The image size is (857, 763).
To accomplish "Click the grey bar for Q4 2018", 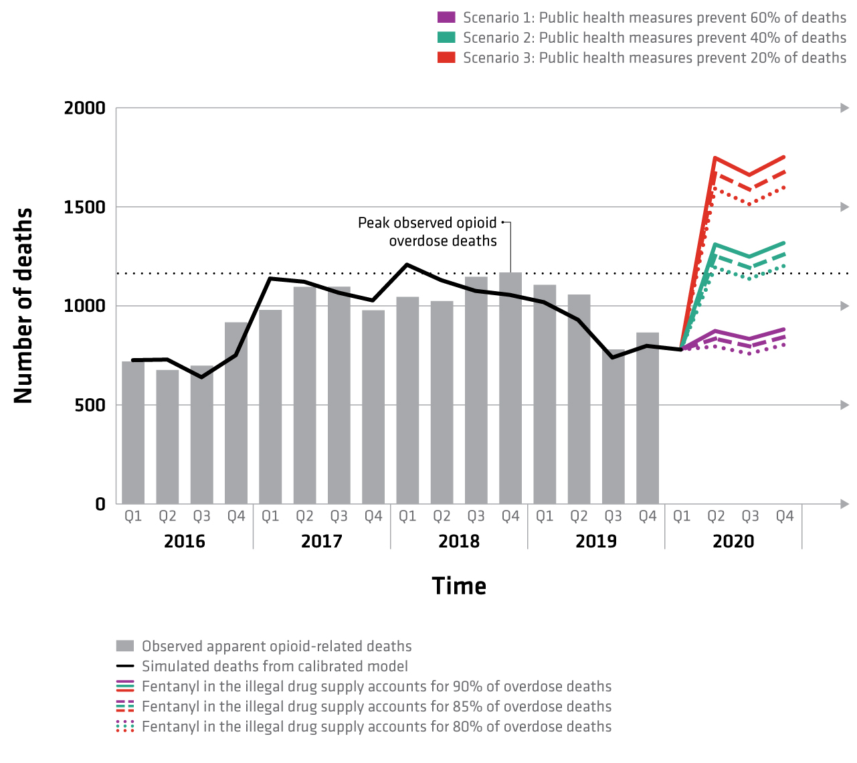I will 510,388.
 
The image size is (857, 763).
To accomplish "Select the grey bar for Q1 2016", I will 133,432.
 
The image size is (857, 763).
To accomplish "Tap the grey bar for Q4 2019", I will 648,418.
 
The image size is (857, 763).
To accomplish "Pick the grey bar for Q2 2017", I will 304,395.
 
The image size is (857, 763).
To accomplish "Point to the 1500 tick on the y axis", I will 85,207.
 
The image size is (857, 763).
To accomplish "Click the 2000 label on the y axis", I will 85,108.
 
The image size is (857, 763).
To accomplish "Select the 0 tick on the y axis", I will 100,504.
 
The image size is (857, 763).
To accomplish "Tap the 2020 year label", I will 733,541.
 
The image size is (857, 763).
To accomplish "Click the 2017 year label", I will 322,541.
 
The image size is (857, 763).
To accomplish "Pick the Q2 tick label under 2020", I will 716,516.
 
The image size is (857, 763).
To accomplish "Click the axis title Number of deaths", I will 23,306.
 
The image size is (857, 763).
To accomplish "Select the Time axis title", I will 459,586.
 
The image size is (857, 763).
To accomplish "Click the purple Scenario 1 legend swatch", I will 446,17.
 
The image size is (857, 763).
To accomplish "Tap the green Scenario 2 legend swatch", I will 446,37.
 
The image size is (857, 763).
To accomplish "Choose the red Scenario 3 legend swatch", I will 446,58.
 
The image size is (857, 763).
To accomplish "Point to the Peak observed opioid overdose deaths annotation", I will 427,232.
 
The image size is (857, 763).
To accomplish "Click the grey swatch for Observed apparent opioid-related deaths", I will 125,646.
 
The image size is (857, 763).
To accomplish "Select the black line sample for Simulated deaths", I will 125,666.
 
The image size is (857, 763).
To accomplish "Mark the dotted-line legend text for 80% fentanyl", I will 377,726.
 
